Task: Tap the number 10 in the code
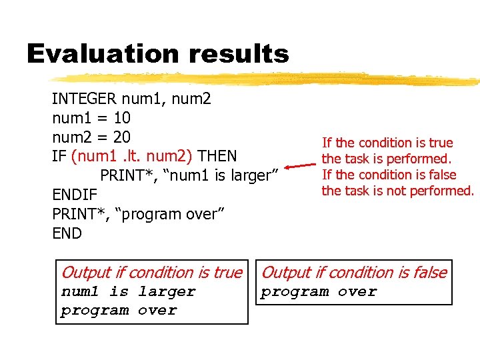click(122, 119)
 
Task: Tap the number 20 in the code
click(122, 137)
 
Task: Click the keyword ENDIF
click(75, 195)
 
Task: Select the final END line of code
click(67, 233)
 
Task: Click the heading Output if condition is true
click(151, 272)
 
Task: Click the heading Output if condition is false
click(354, 272)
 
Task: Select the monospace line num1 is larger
click(128, 292)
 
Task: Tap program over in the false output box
click(319, 292)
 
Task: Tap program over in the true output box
click(119, 311)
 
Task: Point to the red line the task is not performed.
click(397, 191)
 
